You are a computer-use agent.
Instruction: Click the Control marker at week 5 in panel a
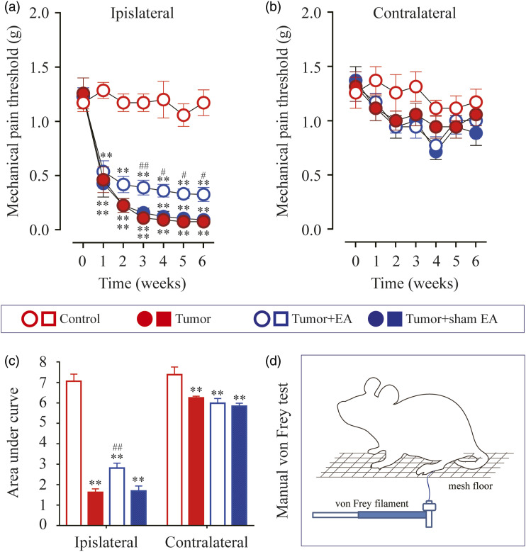click(184, 116)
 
